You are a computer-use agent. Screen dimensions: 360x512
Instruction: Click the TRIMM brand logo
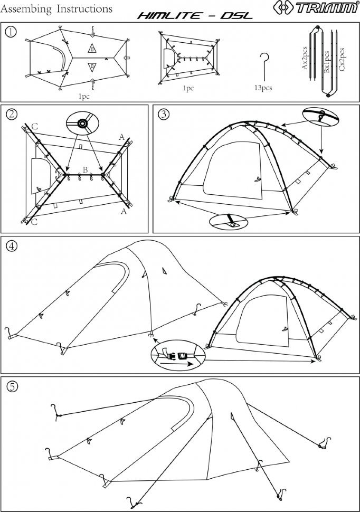[316, 7]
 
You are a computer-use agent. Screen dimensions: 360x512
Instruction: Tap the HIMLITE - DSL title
[195, 15]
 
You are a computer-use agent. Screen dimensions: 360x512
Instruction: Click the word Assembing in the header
[26, 9]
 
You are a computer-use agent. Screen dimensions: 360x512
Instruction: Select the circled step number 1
[11, 32]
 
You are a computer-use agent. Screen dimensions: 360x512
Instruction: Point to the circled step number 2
[12, 114]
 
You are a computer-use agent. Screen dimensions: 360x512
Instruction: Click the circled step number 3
[164, 114]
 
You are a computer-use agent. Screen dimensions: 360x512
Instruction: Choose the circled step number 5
[12, 386]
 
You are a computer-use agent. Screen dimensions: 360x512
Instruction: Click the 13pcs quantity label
[263, 88]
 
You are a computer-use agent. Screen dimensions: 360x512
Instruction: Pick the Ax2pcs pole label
[305, 58]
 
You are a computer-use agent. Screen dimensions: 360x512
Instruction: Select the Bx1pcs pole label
[327, 62]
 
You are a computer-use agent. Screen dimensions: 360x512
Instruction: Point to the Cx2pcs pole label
[342, 59]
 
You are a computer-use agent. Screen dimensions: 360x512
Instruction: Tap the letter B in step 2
[85, 170]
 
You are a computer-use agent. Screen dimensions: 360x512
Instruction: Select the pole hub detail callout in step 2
[82, 124]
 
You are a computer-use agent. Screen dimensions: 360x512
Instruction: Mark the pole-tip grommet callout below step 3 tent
[229, 221]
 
